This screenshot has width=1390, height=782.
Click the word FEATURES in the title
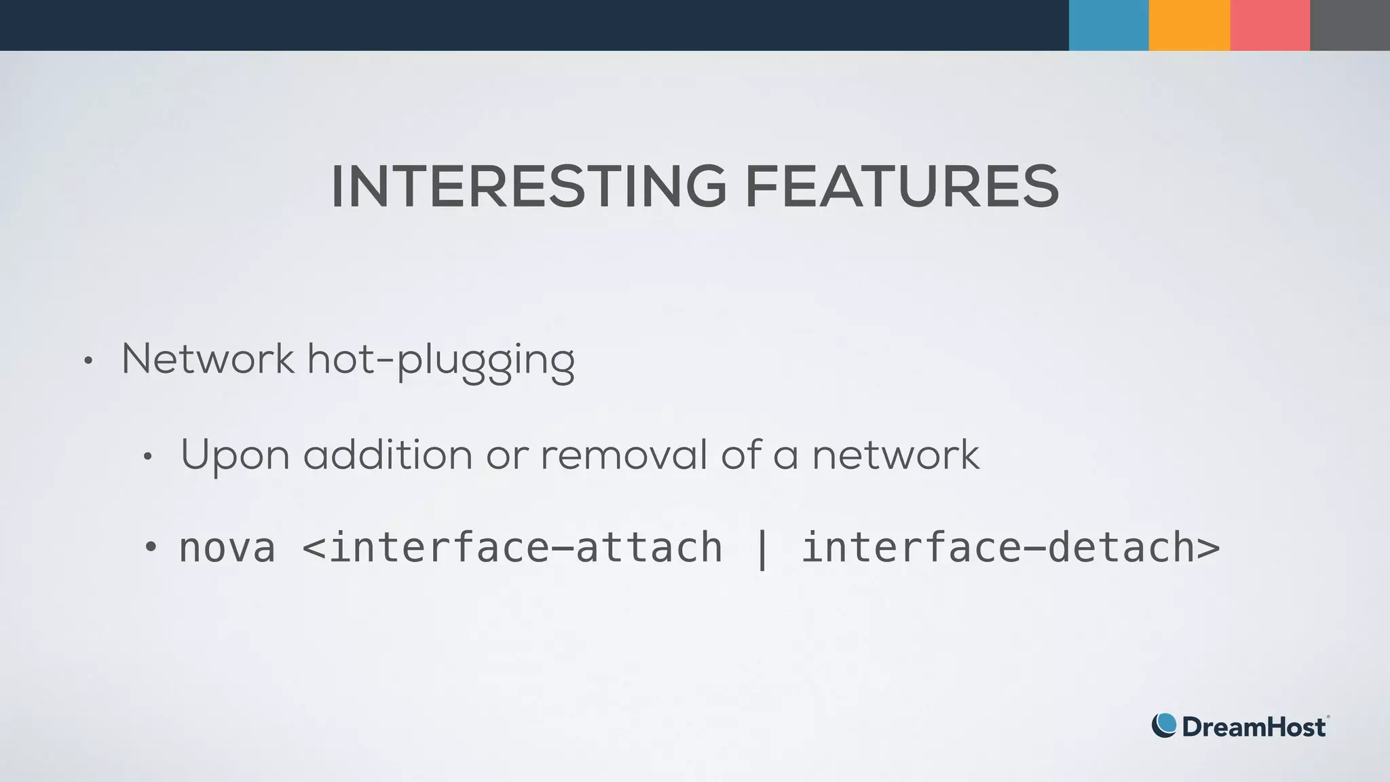pyautogui.click(x=902, y=187)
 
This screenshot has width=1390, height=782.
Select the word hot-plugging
pyautogui.click(x=441, y=360)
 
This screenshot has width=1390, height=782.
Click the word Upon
pyautogui.click(x=236, y=455)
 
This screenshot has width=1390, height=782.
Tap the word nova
pyautogui.click(x=227, y=548)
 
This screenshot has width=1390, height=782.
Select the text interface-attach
pyautogui.click(x=525, y=548)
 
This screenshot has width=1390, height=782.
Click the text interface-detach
pyautogui.click(x=998, y=548)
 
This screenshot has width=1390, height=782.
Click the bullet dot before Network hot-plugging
pyautogui.click(x=88, y=361)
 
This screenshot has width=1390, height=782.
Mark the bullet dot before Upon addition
pyautogui.click(x=147, y=457)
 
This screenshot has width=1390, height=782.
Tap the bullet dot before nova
pyautogui.click(x=151, y=546)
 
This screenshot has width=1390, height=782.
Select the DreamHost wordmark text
pyautogui.click(x=1254, y=727)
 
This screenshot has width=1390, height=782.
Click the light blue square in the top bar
pyautogui.click(x=1108, y=25)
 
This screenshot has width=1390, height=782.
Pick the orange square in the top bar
pyautogui.click(x=1189, y=25)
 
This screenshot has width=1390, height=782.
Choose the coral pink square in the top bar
pyautogui.click(x=1270, y=25)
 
